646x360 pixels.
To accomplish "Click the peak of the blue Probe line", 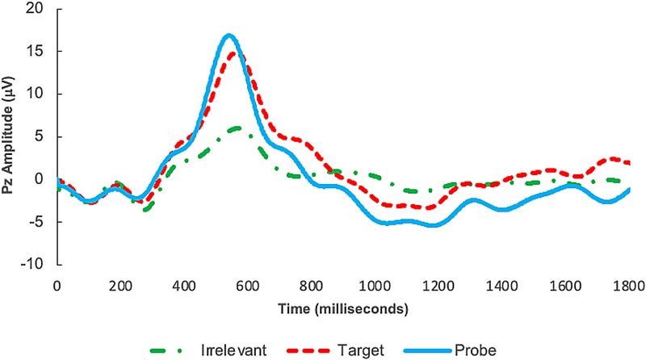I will pyautogui.click(x=229, y=36).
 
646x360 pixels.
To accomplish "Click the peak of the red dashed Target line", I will pyautogui.click(x=233, y=53).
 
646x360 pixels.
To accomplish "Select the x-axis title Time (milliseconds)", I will pyautogui.click(x=342, y=309).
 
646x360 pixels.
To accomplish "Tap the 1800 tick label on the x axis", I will pyautogui.click(x=627, y=286).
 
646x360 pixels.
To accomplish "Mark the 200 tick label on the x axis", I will pyautogui.click(x=120, y=286).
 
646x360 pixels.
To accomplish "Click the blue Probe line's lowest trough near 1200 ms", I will pyautogui.click(x=434, y=225).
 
